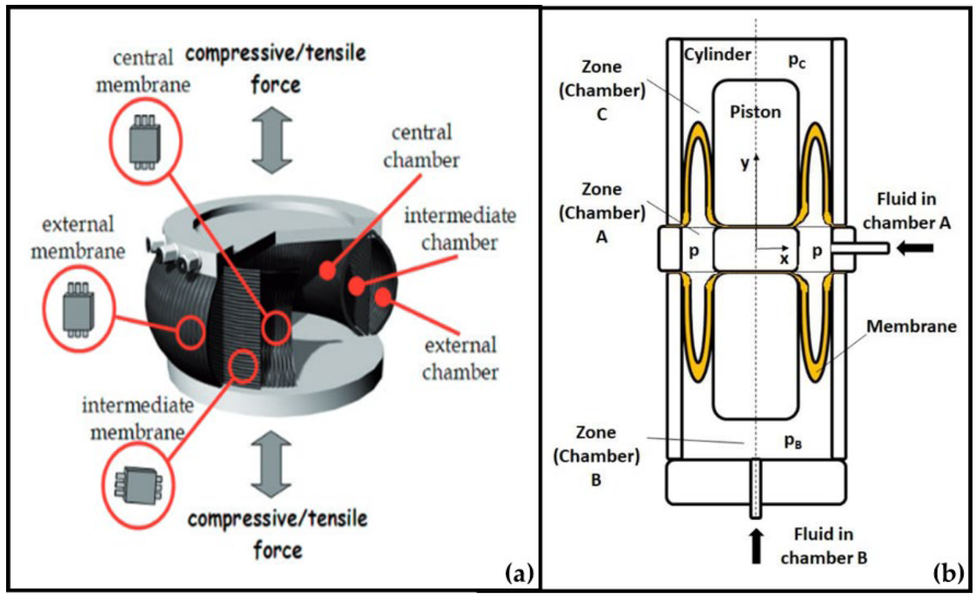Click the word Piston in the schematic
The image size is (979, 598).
tap(755, 112)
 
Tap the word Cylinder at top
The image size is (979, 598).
tap(717, 54)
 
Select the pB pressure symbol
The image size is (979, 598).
tap(792, 441)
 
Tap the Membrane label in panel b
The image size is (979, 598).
tap(911, 326)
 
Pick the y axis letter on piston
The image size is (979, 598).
tap(745, 163)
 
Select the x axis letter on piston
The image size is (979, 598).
tap(784, 258)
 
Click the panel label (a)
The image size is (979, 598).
tap(519, 574)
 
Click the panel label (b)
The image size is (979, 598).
tap(948, 574)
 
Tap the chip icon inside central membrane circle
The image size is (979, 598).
tap(144, 142)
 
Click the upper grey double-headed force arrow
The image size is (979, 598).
tap(272, 140)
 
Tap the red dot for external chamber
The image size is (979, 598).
tap(383, 297)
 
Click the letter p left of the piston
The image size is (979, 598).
tap(694, 251)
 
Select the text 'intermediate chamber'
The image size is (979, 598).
tap(460, 229)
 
